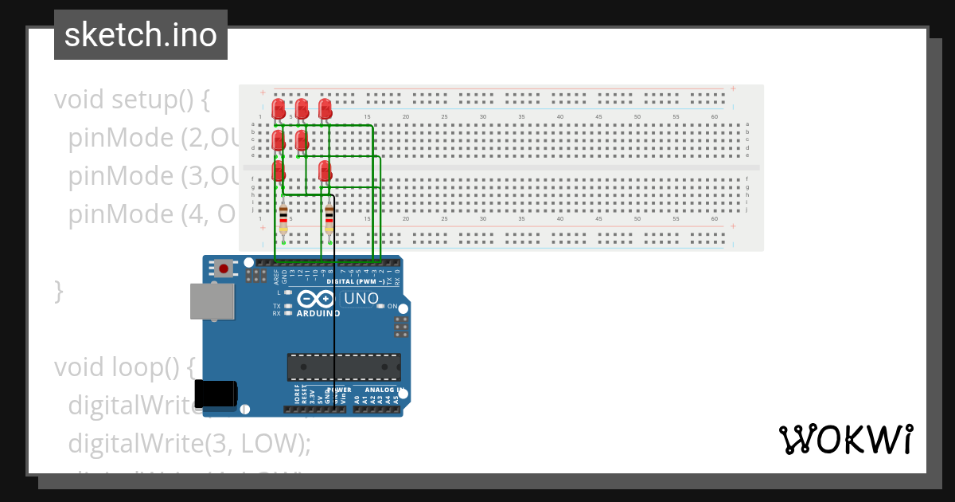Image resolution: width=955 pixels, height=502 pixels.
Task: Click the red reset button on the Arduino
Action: point(224,269)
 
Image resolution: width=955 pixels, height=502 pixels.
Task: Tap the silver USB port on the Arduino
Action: point(212,301)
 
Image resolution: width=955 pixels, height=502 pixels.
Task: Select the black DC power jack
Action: point(216,393)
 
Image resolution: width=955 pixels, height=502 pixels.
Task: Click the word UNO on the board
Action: point(360,299)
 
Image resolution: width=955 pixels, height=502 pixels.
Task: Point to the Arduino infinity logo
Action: point(317,300)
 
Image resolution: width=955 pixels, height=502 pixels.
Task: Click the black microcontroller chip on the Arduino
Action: point(343,367)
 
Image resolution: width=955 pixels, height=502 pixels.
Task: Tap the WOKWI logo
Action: point(845,440)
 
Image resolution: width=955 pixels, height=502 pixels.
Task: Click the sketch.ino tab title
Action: point(141,35)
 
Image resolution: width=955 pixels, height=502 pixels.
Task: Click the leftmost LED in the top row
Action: point(278,108)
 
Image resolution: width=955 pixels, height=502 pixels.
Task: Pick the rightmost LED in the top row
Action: point(325,108)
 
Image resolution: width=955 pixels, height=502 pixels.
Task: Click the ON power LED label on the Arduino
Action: point(392,306)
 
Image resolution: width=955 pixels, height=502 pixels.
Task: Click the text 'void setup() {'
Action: point(131,100)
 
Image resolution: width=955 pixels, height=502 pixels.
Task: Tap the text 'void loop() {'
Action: point(124,367)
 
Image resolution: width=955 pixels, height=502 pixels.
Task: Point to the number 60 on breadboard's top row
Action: point(715,117)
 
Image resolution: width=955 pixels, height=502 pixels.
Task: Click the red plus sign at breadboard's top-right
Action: point(733,88)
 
